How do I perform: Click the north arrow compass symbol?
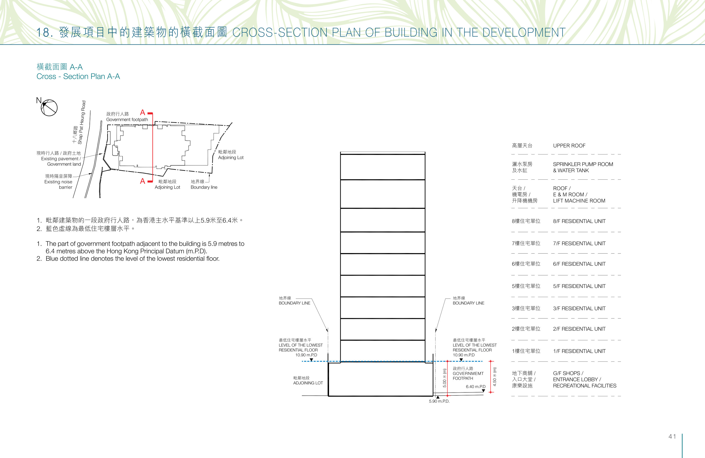click(x=49, y=107)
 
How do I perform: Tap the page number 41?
click(x=672, y=436)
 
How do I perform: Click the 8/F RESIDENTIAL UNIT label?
click(x=579, y=221)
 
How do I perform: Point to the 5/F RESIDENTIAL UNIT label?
click(x=579, y=286)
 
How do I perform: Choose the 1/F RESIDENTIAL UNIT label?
click(x=579, y=351)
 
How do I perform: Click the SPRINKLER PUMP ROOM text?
click(x=583, y=164)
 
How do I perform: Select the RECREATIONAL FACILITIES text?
click(x=585, y=386)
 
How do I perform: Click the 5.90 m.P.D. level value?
click(x=439, y=401)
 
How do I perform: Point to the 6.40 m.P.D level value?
click(x=476, y=387)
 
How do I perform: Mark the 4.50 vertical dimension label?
click(x=494, y=377)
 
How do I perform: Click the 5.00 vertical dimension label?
click(x=444, y=378)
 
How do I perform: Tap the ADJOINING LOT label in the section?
click(x=308, y=383)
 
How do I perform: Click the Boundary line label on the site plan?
click(x=204, y=187)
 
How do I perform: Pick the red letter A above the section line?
click(x=143, y=113)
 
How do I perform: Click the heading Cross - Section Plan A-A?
click(x=78, y=77)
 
